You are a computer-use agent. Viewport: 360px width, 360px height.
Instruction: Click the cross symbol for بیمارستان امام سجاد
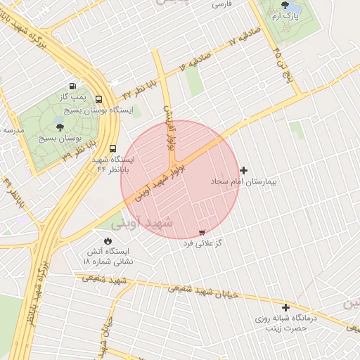(244, 170)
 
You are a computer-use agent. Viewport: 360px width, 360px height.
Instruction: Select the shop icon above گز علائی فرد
(203, 231)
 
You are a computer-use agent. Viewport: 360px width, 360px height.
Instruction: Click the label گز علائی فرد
(203, 243)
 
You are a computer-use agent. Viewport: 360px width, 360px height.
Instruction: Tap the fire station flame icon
(108, 240)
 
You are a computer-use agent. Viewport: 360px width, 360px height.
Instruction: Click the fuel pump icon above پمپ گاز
(72, 86)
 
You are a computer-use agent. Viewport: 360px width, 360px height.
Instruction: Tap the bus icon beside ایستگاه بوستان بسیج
(98, 100)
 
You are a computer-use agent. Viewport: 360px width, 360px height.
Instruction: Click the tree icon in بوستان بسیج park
(60, 127)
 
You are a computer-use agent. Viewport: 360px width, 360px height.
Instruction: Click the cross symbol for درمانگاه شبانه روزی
(285, 307)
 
